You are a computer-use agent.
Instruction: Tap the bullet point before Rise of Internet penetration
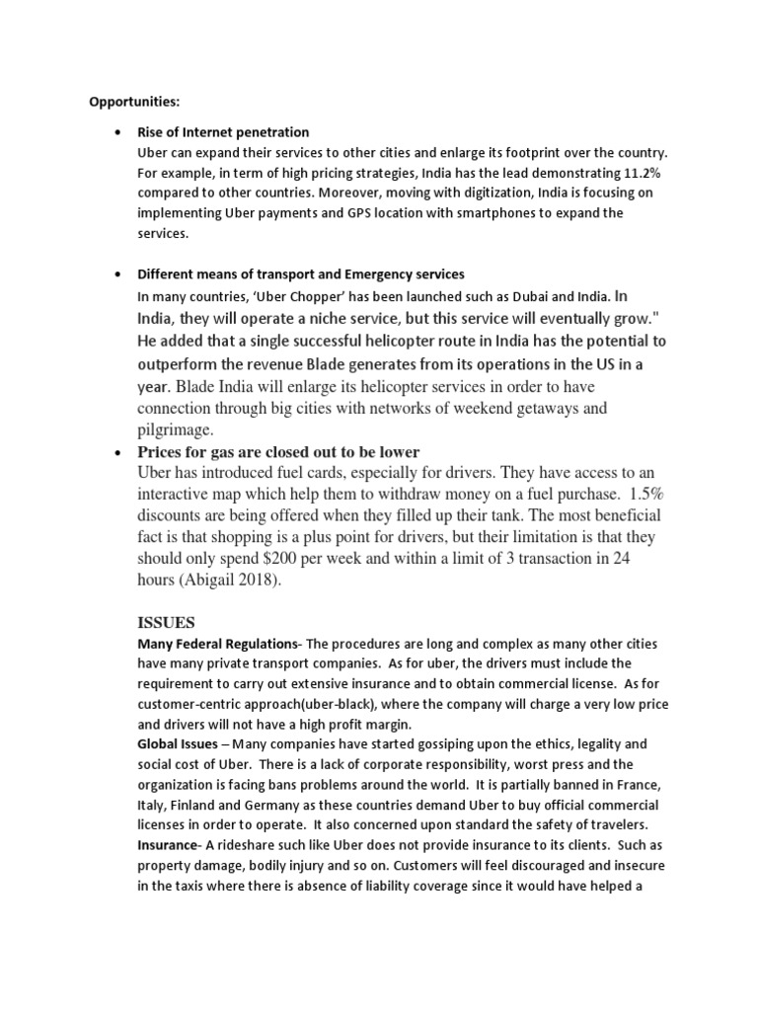[118, 132]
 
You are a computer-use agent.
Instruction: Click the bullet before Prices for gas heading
[118, 452]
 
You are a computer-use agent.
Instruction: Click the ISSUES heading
[166, 623]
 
